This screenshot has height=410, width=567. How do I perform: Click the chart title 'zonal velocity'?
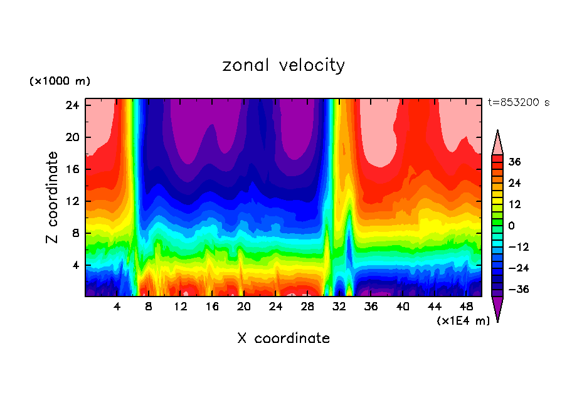point(283,65)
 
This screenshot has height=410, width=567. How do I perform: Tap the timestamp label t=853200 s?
point(518,102)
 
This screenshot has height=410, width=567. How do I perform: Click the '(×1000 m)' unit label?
point(60,81)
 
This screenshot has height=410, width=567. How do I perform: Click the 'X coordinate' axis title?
point(283,339)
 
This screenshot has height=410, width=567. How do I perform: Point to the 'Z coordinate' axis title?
point(53,197)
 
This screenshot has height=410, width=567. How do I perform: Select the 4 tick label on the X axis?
point(117,307)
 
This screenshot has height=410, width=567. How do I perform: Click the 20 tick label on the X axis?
point(244,307)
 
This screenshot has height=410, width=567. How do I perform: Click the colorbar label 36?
point(515,162)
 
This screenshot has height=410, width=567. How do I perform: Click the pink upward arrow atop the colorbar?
point(497,142)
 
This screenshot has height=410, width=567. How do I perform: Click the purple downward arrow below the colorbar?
point(497,308)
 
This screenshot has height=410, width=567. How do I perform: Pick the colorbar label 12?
point(515,204)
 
